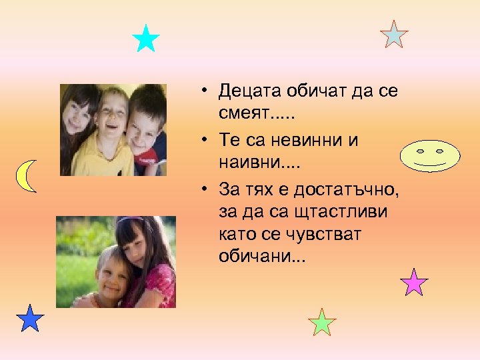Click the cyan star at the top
[146, 39]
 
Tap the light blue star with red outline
[394, 35]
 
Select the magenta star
[414, 283]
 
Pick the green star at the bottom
[323, 323]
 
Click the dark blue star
[30, 319]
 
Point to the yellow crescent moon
[25, 176]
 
